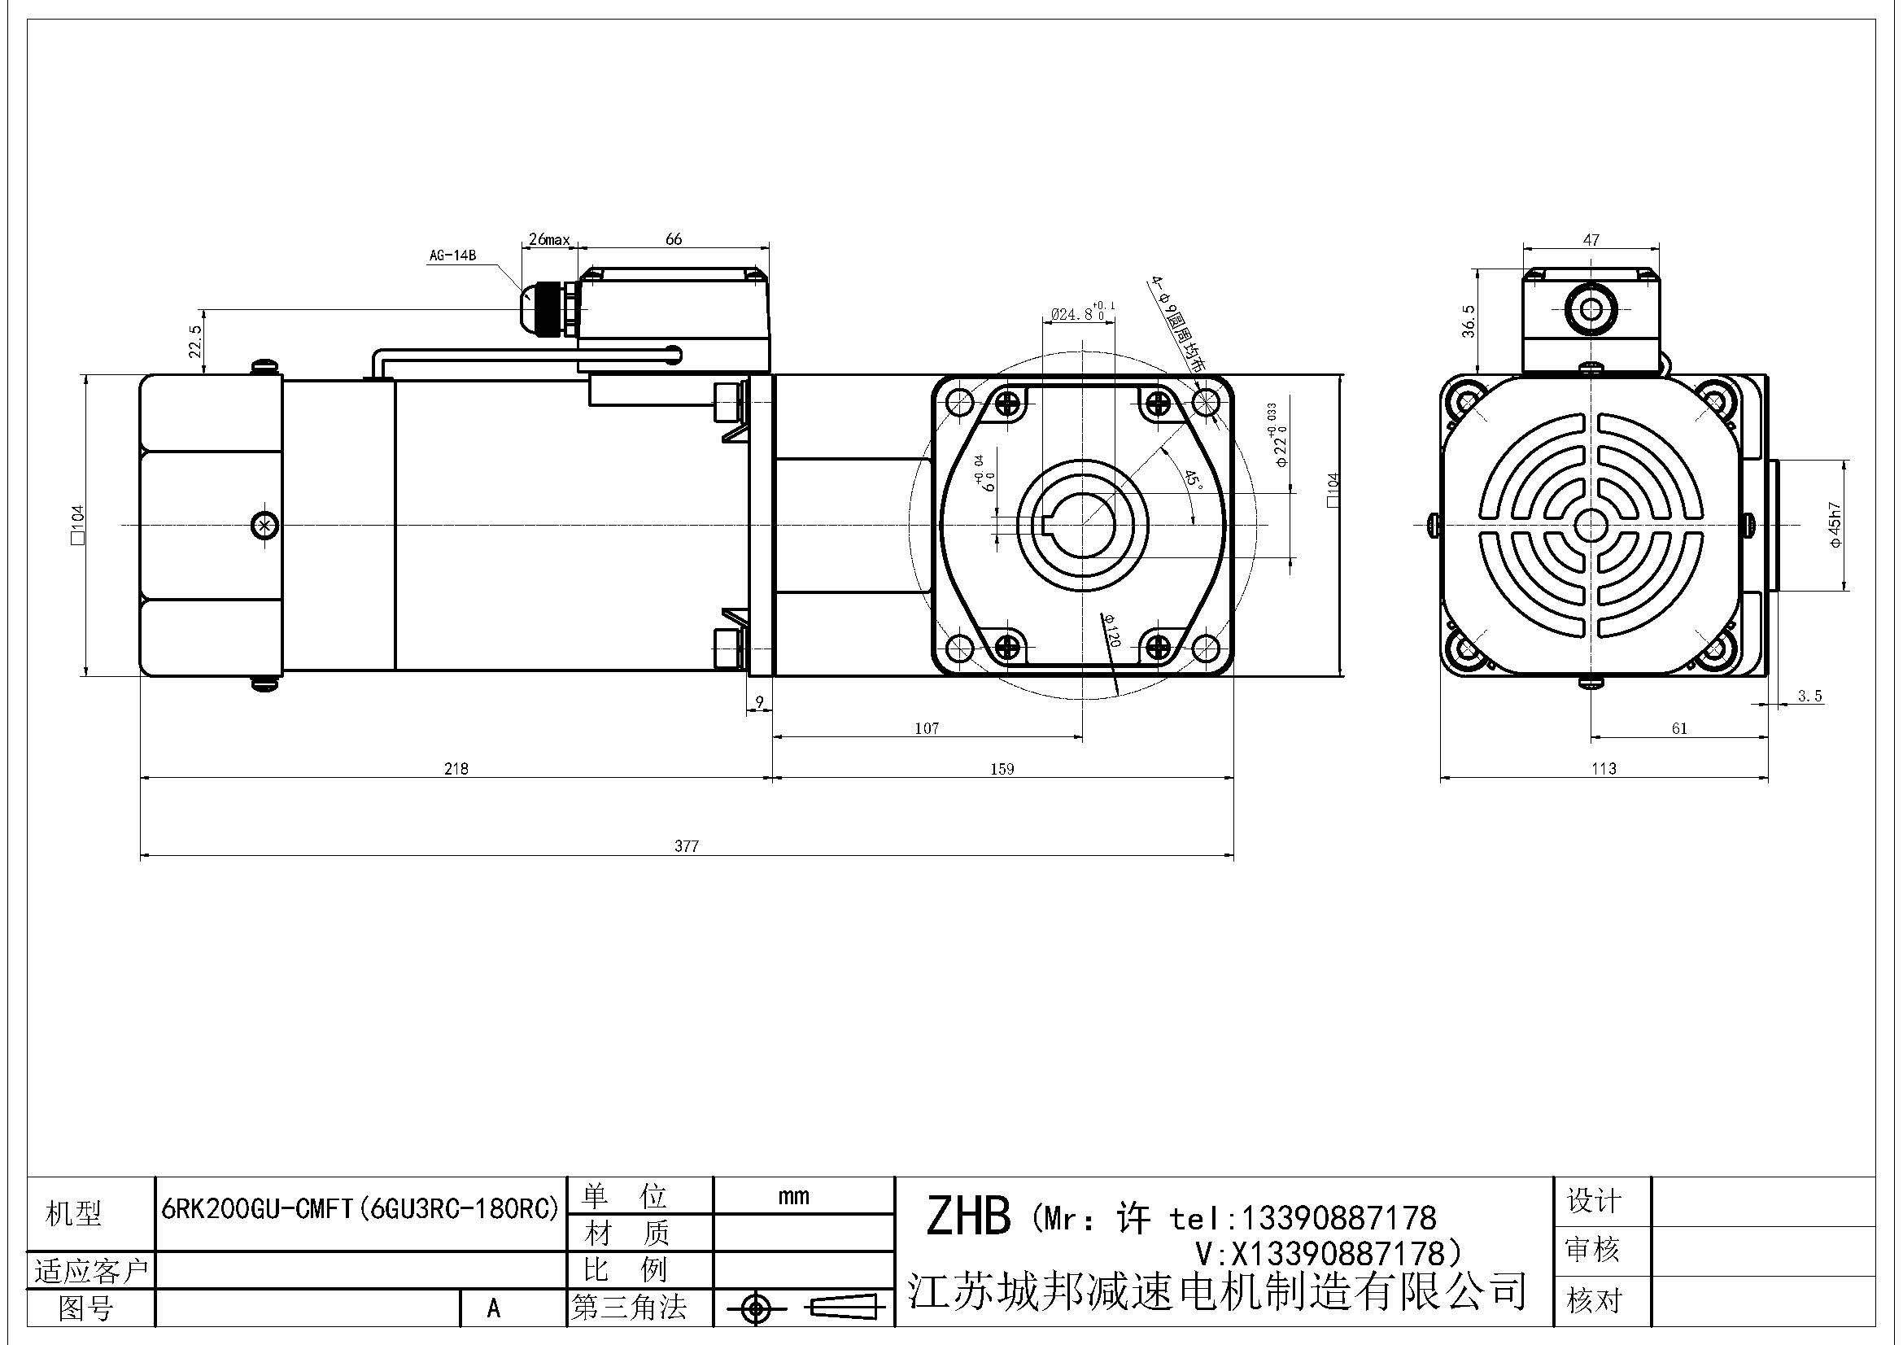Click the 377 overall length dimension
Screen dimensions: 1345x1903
[x=687, y=846]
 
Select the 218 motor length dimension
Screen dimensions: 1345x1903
[x=456, y=768]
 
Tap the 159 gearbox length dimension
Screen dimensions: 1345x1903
[x=1002, y=768]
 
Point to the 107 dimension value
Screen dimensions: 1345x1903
[x=927, y=728]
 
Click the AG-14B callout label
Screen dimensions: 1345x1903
[x=452, y=256]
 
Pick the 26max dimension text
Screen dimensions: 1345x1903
[x=548, y=240]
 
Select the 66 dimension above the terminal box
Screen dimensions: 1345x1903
[x=674, y=238]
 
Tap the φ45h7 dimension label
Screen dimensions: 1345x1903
[x=1835, y=524]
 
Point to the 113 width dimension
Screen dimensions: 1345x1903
[x=1604, y=768]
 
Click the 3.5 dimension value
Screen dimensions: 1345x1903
[x=1810, y=697]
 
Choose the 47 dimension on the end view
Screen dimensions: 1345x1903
[x=1591, y=240]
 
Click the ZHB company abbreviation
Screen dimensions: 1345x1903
[x=967, y=1216]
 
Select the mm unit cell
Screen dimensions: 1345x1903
[x=793, y=1196]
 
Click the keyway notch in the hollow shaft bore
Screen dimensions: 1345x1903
[x=1046, y=524]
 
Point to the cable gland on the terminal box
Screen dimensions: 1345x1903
[x=547, y=308]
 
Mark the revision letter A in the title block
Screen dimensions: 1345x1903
[x=494, y=1308]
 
